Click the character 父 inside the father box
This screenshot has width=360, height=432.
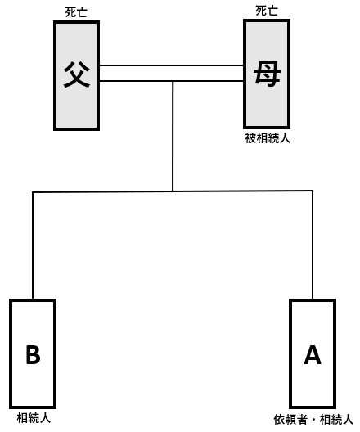(77, 74)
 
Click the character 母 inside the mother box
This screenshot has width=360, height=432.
(267, 74)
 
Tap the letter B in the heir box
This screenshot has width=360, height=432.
(33, 354)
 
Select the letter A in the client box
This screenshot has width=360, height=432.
(313, 354)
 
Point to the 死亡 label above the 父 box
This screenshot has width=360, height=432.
(76, 12)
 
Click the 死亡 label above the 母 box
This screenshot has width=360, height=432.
(267, 11)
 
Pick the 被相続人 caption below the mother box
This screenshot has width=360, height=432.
(268, 138)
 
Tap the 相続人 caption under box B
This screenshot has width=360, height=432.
(34, 418)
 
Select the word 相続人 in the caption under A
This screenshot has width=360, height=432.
(336, 420)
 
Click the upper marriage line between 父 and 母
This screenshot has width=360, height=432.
(171, 65)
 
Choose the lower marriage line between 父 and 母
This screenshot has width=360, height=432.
(171, 81)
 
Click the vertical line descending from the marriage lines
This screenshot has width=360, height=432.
(173, 136)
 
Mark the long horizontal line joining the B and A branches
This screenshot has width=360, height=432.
(173, 191)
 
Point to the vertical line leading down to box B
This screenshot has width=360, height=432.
(33, 245)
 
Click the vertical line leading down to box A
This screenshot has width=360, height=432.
(313, 245)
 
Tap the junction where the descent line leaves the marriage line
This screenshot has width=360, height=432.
(173, 81)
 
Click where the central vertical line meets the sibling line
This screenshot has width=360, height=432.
(173, 191)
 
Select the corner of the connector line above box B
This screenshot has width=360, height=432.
(33, 192)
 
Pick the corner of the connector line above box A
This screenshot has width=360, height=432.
(313, 191)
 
